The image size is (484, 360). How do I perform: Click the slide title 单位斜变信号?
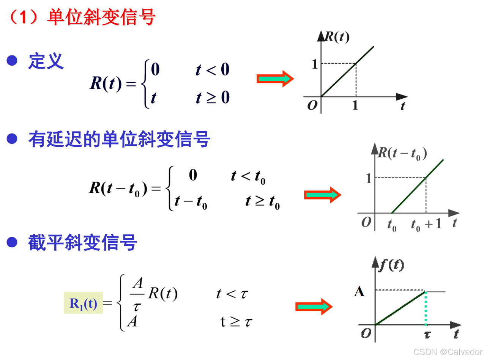point(101,17)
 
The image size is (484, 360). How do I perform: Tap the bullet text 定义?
point(46,61)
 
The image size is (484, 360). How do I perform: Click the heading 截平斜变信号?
point(83,242)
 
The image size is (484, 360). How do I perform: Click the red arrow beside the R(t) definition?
point(275,79)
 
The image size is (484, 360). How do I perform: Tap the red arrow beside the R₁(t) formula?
point(314,307)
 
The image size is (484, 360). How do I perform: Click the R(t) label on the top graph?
point(337,37)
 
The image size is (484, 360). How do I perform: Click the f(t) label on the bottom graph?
point(391,265)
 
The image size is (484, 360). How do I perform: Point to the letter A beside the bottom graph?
point(359,292)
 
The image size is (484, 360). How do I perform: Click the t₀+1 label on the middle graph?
point(426,224)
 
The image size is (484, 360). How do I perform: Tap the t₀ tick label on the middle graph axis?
point(392,225)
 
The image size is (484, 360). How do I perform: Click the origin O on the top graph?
point(312,105)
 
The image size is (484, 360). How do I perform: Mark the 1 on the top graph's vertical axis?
point(314,64)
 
